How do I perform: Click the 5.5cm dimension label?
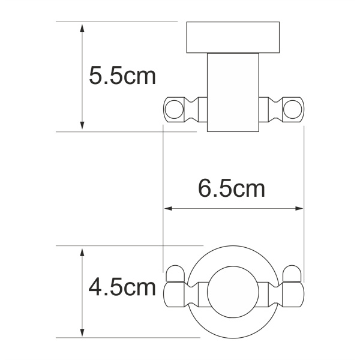click(x=122, y=76)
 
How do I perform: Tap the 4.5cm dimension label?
click(x=122, y=288)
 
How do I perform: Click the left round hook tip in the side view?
click(x=173, y=110)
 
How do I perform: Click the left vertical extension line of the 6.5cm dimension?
click(x=164, y=180)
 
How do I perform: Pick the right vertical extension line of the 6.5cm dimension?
click(x=305, y=180)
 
